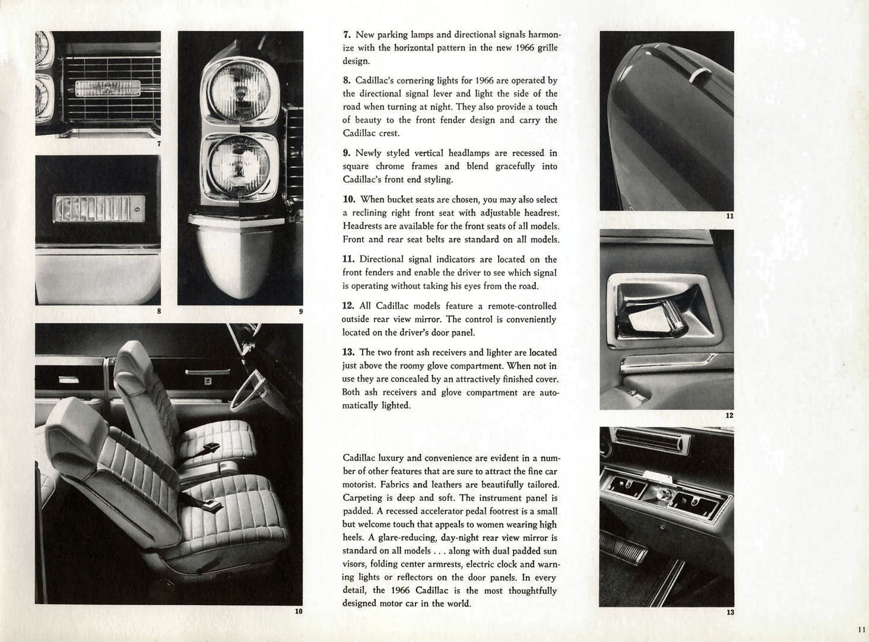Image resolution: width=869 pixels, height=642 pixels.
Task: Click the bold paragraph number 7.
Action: pos(347,35)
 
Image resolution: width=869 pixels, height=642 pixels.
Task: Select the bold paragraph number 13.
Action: pos(348,352)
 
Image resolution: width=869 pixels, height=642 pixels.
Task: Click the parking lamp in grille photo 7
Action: pos(107,88)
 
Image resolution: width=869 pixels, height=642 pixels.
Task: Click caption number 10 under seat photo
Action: pos(299,611)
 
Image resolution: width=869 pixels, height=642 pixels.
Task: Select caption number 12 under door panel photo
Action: pos(730,415)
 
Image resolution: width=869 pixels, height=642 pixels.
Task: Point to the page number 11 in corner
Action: pos(861,630)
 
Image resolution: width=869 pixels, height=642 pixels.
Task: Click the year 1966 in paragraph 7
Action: pos(525,48)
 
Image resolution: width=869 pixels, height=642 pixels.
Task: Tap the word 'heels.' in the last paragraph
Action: pos(354,538)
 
